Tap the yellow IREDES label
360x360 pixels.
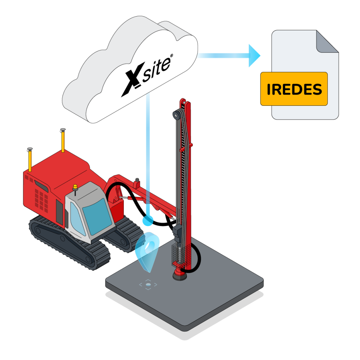pos(294,89)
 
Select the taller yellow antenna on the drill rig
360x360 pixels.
pos(63,141)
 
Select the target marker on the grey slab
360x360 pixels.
pos(148,284)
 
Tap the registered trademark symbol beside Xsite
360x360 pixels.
pos(171,56)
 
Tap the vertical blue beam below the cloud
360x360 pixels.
pos(154,151)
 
